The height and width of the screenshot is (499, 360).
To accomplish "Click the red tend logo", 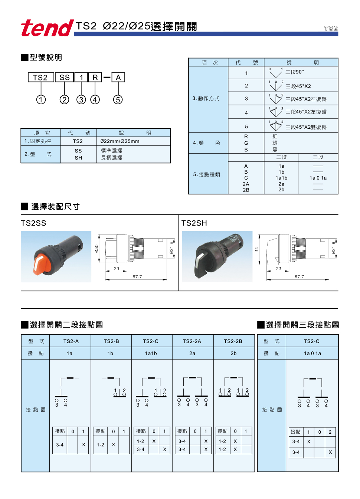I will point(47,28).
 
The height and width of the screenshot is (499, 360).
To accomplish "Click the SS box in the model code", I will point(65,78).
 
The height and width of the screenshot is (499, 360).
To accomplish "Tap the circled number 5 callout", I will point(118,99).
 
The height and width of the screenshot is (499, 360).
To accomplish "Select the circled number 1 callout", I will point(41,99).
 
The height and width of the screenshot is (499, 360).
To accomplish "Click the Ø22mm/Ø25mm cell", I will point(120,141).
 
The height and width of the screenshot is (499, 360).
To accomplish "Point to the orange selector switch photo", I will point(56,257).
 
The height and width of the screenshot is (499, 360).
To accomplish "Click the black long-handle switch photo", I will point(217,257).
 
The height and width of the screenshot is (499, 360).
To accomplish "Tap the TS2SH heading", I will point(194,223).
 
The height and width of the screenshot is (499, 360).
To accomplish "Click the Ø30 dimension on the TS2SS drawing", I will point(96,249).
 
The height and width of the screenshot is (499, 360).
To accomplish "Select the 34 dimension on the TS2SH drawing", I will point(256,250).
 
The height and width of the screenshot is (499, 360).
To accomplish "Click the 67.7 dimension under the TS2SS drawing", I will point(137,277).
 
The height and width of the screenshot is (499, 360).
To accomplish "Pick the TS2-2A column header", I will point(192,341).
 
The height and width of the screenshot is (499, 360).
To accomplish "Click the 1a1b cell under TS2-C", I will point(151,354).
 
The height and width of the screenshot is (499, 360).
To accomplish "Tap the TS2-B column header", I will point(111,341).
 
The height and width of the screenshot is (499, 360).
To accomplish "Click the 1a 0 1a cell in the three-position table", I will point(312,354).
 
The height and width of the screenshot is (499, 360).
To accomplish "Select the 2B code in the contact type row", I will point(246,190).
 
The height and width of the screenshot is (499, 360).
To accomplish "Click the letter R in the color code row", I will point(246,137).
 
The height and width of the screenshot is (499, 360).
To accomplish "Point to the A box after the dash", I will point(118,78).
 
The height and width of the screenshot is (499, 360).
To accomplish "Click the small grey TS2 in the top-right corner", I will point(331,28).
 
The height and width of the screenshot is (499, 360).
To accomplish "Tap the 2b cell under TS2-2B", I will point(233,354).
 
